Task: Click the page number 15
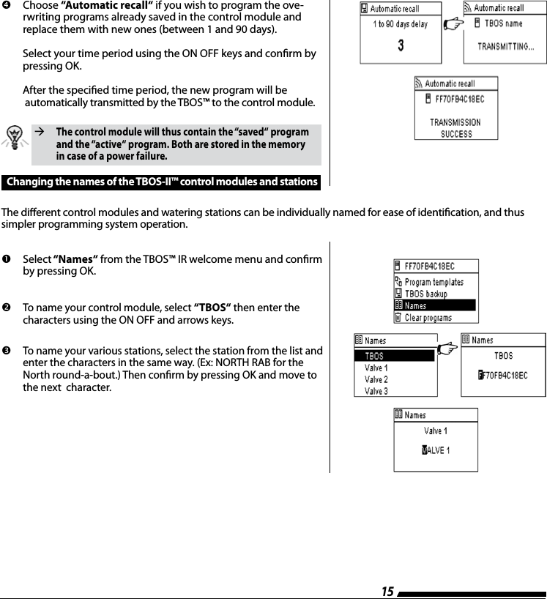coord(387,591)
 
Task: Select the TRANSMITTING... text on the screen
coord(506,46)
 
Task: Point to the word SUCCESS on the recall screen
coord(456,134)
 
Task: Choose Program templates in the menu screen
coord(433,282)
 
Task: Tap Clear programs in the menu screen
coord(428,318)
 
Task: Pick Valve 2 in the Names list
coord(376,379)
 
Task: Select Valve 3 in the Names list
coord(376,391)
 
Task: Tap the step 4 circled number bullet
coord(7,5)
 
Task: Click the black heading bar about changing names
coord(162,182)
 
